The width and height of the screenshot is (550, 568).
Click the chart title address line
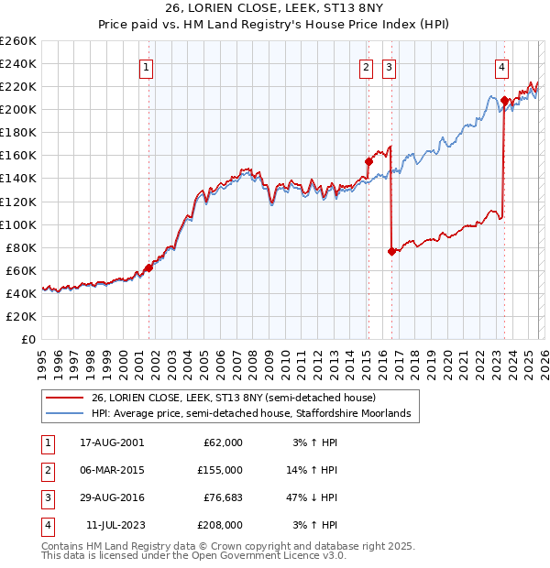coord(275,8)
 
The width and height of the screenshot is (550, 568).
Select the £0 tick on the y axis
coord(27,339)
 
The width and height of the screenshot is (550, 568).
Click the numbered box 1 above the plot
coord(147,66)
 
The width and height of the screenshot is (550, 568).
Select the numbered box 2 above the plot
coord(366,66)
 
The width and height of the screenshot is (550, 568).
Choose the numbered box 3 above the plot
coord(389,66)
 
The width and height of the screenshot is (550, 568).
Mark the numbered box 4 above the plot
coord(502,66)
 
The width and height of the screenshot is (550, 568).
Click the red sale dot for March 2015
coord(368,161)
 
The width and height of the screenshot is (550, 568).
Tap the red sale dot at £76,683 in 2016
coord(392,251)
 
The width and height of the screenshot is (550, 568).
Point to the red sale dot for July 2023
coord(504,100)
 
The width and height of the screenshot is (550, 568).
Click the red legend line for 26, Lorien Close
coord(67,398)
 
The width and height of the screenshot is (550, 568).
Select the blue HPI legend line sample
coord(67,414)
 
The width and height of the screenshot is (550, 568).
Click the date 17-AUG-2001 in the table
coord(112,442)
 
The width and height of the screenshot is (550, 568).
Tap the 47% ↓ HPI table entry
coord(311,497)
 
